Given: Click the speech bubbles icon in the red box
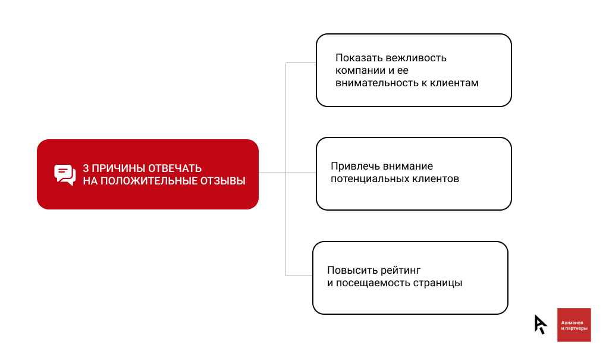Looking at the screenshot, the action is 65,174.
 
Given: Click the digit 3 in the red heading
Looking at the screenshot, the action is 86,168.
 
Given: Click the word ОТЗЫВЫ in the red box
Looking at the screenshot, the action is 223,181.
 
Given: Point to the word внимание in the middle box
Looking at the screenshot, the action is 407,167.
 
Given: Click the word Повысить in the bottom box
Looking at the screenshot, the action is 352,270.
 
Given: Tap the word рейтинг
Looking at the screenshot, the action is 400,271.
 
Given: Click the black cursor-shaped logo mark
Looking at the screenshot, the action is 540,324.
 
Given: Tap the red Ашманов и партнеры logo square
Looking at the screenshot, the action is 574,325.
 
